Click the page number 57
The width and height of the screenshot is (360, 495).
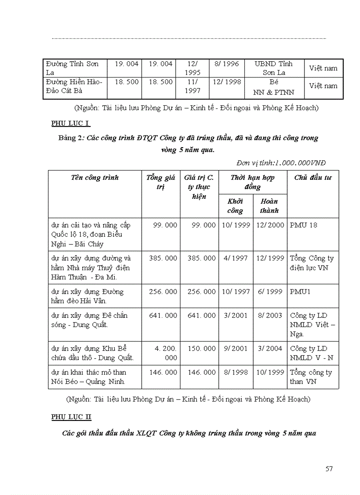click(329, 469)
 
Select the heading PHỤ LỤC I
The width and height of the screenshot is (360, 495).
click(71, 123)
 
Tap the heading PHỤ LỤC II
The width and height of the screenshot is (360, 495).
click(71, 417)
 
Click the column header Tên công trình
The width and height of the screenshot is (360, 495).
click(95, 178)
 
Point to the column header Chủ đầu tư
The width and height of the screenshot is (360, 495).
click(313, 178)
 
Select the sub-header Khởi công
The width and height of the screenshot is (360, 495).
click(235, 206)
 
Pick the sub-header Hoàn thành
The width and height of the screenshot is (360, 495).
click(269, 206)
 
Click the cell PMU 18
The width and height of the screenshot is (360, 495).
click(304, 225)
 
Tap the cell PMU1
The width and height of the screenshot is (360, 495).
click(300, 292)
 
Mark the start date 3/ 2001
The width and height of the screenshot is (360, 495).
click(236, 316)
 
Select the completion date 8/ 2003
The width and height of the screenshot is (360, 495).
click(270, 316)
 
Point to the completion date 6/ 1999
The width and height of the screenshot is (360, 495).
click(270, 292)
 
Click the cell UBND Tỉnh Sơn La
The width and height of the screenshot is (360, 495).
click(274, 68)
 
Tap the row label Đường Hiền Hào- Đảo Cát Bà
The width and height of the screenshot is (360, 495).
click(74, 86)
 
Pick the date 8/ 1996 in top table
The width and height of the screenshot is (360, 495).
click(226, 64)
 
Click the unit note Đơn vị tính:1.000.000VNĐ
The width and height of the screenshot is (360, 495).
click(281, 163)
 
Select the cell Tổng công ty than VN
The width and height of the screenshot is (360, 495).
click(311, 377)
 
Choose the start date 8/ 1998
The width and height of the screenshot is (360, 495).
click(236, 372)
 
